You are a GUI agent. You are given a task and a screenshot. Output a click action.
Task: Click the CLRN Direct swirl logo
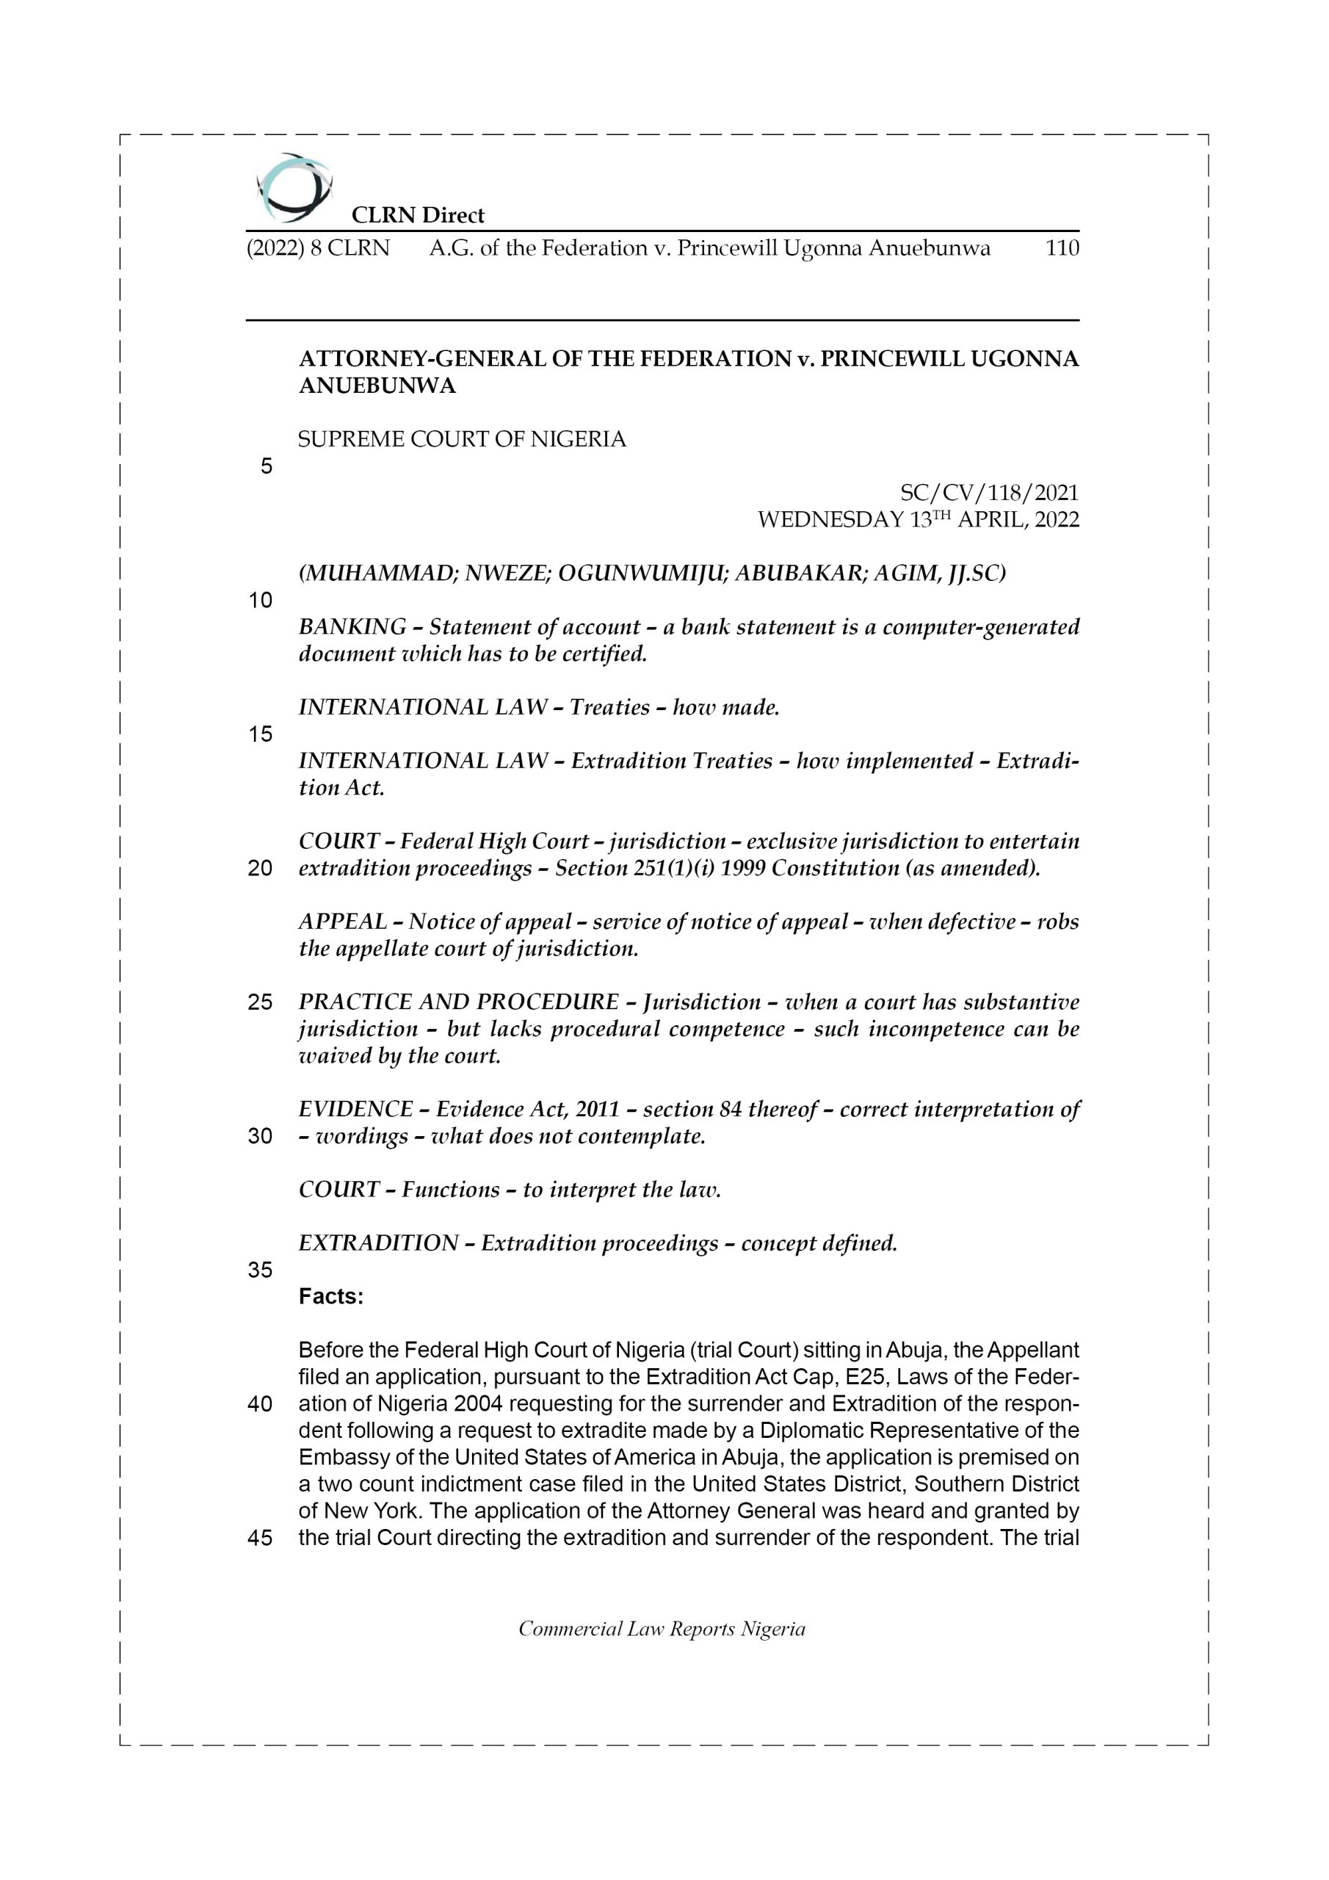pos(294,188)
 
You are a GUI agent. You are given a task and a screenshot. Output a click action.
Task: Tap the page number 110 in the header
pos(1062,248)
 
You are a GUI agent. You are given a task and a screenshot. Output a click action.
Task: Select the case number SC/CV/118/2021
pos(989,493)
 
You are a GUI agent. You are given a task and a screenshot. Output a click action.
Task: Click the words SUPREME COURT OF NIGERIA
pos(462,440)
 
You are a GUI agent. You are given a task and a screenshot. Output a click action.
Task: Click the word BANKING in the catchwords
pos(352,627)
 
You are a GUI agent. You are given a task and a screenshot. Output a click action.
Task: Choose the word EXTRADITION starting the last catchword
pos(378,1243)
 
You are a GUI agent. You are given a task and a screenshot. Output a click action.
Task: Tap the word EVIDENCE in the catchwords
pos(355,1110)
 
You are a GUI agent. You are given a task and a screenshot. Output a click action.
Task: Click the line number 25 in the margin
pos(260,1002)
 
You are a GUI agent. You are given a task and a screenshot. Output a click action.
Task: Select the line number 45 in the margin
pos(260,1538)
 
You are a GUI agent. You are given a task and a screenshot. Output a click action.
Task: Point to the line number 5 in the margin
pos(266,467)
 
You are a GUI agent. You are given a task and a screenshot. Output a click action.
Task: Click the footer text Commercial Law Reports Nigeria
pos(662,1630)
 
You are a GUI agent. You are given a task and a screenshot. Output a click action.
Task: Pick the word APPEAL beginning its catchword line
pos(342,922)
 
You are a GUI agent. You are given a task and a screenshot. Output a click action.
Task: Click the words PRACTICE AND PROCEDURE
pos(459,1002)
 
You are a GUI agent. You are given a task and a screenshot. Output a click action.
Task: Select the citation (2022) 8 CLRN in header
pos(318,248)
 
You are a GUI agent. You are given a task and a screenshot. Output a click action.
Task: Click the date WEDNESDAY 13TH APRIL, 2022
pos(918,520)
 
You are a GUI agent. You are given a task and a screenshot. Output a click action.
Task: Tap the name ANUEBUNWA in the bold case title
pos(377,386)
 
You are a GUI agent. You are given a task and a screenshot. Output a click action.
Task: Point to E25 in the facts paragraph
pos(862,1377)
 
